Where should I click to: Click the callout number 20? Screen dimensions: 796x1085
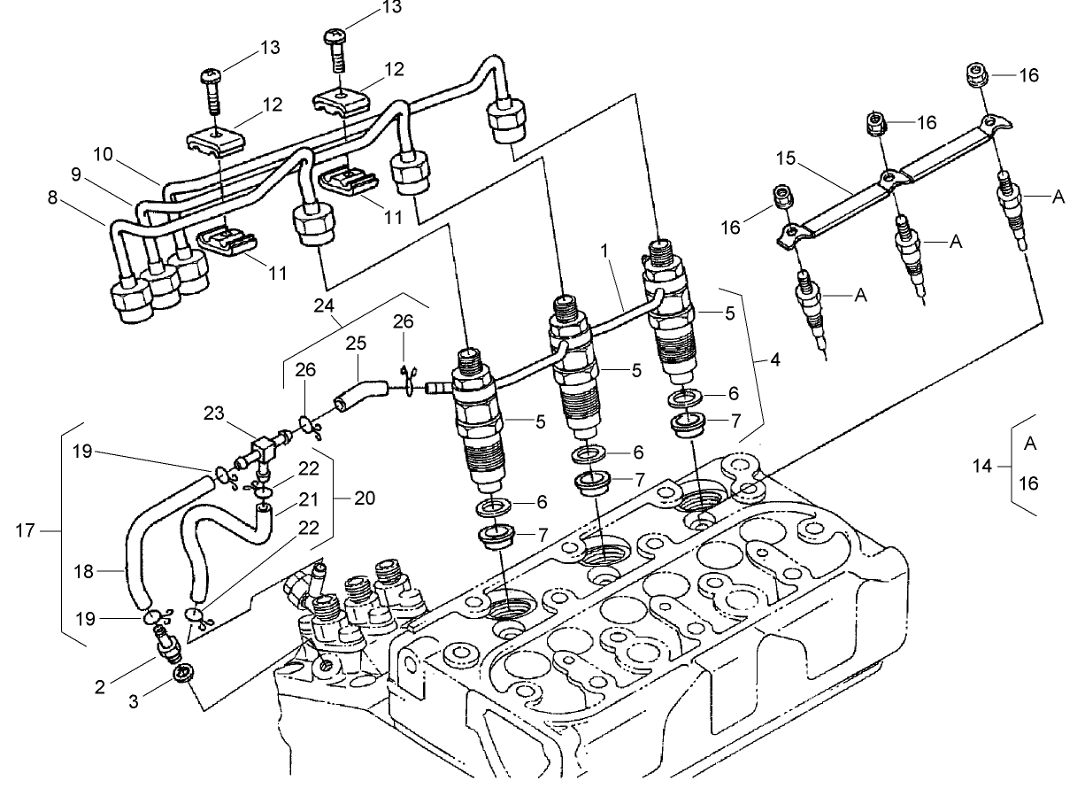365,498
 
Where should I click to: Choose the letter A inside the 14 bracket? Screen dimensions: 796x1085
1030,444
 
